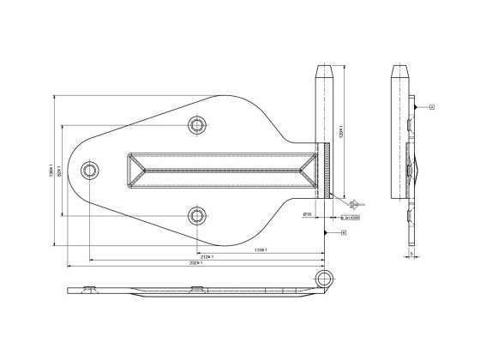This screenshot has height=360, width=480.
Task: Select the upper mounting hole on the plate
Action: tap(198, 126)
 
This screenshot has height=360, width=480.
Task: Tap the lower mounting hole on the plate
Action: tap(198, 213)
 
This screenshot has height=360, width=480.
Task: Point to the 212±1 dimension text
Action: tap(207, 257)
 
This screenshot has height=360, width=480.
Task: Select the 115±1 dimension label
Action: tap(261, 249)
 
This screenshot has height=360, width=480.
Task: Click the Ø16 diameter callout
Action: tap(306, 213)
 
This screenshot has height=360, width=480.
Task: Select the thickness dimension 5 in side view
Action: tap(412, 255)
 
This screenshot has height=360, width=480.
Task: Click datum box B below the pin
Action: tap(344, 231)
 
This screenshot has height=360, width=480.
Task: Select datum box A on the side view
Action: tap(432, 107)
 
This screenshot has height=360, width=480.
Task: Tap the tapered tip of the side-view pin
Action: tap(399, 69)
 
